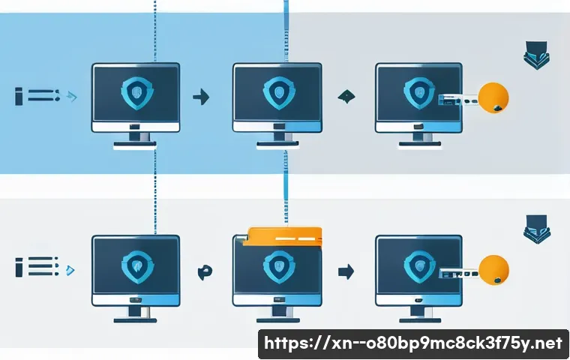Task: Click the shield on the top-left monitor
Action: pos(137,93)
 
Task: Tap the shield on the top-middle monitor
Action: pos(279,93)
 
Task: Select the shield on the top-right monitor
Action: pos(419,93)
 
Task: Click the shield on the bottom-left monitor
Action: pos(137,267)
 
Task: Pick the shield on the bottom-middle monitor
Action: pos(279,267)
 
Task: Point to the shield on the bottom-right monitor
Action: pos(420,267)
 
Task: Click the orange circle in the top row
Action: pos(493,97)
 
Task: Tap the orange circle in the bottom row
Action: pos(493,269)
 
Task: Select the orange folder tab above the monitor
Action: pos(282,236)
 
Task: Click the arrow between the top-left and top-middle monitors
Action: pos(201,97)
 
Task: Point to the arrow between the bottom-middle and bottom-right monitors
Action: pos(346,271)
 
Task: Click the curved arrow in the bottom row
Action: pos(205,272)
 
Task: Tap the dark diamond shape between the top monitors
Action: pos(346,96)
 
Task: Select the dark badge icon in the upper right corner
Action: pos(536,55)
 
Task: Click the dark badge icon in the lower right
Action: pos(537,229)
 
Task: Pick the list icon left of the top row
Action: pos(37,96)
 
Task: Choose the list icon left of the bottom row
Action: pos(37,266)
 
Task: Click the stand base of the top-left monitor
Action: pos(135,145)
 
